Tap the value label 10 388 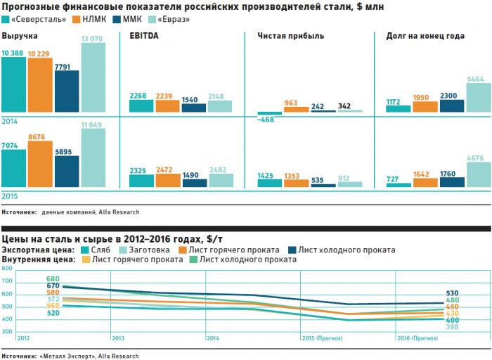tap(14, 53)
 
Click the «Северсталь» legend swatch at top tap(6, 19)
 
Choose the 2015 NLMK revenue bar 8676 tap(39, 165)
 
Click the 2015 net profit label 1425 tap(265, 174)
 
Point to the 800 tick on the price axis tap(7, 269)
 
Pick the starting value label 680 tap(53, 278)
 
